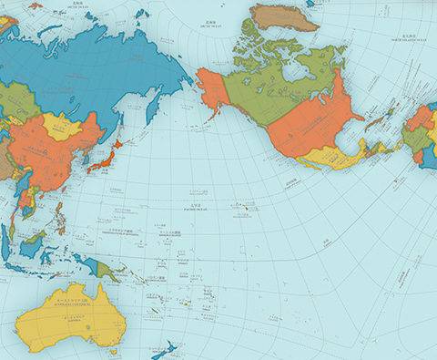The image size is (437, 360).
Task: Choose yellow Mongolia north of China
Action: click(x=62, y=125)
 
